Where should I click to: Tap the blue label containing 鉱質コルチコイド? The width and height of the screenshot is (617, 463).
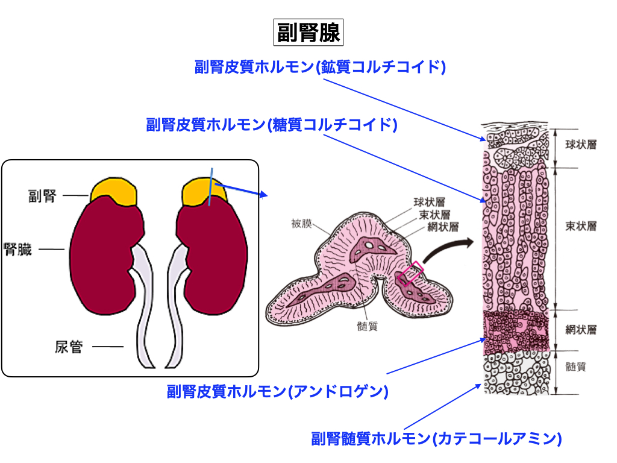[320, 67]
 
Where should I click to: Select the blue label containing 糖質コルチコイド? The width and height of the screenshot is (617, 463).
[272, 125]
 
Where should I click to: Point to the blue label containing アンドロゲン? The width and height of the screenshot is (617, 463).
[277, 391]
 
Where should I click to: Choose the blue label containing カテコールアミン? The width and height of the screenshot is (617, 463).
[436, 438]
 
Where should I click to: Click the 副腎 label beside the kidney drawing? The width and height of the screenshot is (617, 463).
[42, 196]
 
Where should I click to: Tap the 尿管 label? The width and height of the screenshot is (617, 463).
[68, 347]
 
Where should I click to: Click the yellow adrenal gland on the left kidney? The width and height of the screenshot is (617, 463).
[114, 191]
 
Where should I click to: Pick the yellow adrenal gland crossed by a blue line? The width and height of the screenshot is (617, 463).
[205, 191]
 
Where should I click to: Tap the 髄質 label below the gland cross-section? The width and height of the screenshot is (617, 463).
[367, 326]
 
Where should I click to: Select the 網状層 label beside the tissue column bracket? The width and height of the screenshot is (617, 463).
[581, 330]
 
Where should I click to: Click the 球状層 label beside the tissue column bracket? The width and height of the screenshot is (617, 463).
[581, 145]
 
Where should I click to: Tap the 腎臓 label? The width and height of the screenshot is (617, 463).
[18, 249]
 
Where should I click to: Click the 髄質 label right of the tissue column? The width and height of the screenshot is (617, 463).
[575, 367]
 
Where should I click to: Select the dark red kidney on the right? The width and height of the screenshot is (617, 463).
[214, 259]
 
